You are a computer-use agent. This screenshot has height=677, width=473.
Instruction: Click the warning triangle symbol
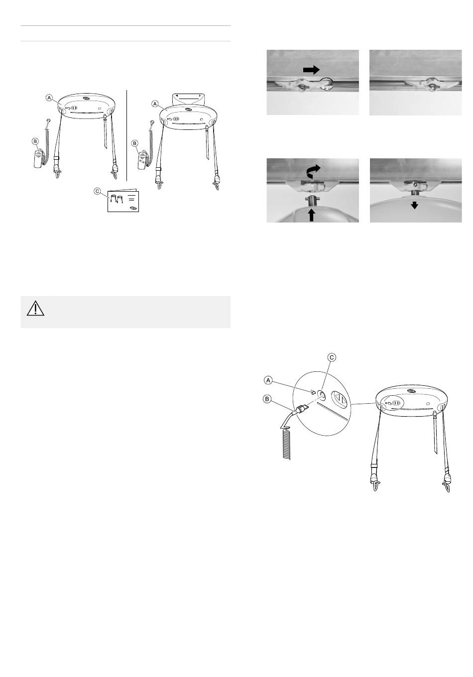[35, 308]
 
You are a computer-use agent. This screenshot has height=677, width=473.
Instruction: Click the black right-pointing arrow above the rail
[311, 70]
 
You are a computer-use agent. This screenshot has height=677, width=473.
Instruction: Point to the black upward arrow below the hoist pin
[312, 215]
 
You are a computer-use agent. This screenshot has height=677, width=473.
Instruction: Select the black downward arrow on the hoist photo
[414, 206]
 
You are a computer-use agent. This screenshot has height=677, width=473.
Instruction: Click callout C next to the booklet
[97, 191]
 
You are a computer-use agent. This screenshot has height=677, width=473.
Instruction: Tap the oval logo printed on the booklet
[133, 208]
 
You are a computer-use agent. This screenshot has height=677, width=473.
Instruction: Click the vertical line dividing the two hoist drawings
[126, 135]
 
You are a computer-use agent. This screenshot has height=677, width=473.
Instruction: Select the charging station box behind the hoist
[187, 99]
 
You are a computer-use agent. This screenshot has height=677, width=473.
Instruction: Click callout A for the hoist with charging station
[155, 104]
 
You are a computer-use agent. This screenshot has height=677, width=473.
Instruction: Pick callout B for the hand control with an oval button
[135, 143]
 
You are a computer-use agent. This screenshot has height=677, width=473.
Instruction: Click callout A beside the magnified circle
[268, 380]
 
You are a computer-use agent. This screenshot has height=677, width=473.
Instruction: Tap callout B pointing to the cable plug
[267, 399]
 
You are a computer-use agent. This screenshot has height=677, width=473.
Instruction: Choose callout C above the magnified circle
[332, 357]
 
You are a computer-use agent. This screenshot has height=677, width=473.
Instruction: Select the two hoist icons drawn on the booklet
[116, 199]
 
